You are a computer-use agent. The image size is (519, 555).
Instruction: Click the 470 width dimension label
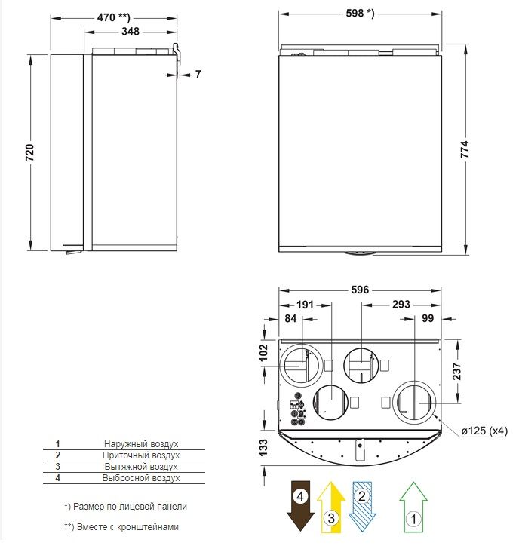click(x=113, y=17)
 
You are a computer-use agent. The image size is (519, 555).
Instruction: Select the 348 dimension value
click(x=131, y=32)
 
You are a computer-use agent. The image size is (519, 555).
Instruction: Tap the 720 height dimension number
click(x=29, y=152)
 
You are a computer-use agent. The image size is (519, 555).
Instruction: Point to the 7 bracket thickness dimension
click(x=198, y=74)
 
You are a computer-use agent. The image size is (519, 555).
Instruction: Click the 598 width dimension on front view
click(x=360, y=13)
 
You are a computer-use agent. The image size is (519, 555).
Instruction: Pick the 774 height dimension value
click(x=465, y=149)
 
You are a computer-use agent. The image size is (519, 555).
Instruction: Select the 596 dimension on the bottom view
click(x=360, y=290)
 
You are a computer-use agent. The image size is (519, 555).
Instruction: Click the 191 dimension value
click(x=305, y=305)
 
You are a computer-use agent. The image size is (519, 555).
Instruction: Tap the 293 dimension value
click(x=401, y=304)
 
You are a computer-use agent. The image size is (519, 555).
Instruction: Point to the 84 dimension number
click(x=290, y=318)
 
